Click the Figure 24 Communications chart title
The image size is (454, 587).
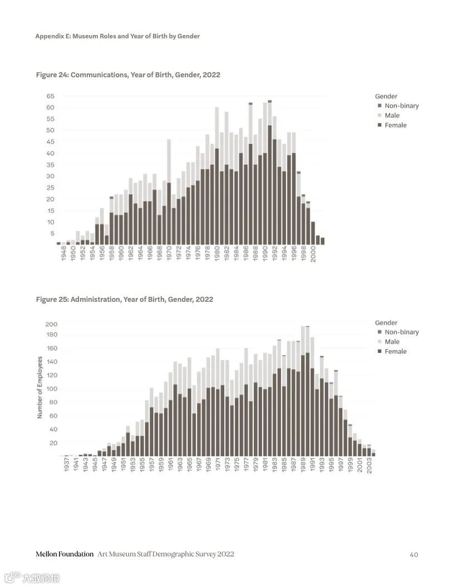[x=128, y=74]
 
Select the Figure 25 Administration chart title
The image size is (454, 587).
[x=125, y=299]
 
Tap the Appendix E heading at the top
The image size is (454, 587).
[x=117, y=36]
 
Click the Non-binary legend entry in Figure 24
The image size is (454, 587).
[x=401, y=106]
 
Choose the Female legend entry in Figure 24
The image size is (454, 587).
[x=395, y=125]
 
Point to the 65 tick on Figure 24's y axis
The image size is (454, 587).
[x=51, y=96]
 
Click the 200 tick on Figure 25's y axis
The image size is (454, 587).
[x=51, y=324]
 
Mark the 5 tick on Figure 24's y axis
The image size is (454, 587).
[x=52, y=233]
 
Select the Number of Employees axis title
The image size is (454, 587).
[x=40, y=387]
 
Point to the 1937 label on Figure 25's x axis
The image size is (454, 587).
[x=66, y=465]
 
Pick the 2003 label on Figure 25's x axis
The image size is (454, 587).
[x=369, y=465]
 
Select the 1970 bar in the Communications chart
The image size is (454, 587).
[x=169, y=192]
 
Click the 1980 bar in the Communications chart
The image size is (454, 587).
[x=217, y=176]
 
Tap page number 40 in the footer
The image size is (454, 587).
[x=413, y=554]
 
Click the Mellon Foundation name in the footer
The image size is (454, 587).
[x=65, y=554]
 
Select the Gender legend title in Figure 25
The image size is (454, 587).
[x=386, y=322]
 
